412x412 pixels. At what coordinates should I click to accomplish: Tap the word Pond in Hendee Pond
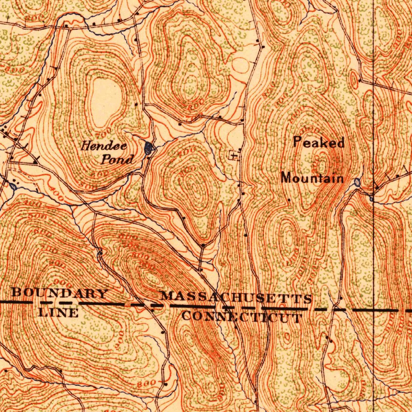(117, 160)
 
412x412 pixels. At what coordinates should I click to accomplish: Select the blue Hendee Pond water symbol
(148, 148)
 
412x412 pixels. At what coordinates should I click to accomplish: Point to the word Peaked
(319, 142)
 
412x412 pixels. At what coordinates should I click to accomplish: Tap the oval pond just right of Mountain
(357, 183)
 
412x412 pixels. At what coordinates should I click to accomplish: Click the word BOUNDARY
(60, 293)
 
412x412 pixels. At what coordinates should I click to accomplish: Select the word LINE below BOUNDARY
(59, 312)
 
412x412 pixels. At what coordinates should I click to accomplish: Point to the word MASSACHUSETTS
(236, 298)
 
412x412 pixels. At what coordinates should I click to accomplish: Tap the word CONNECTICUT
(242, 317)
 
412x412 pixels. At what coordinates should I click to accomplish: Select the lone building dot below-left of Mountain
(289, 199)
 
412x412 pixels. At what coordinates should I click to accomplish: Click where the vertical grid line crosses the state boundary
(374, 310)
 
